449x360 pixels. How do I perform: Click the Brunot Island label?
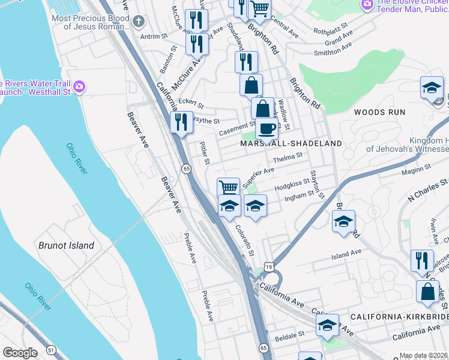[66, 245]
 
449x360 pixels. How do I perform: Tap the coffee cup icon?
[267, 128]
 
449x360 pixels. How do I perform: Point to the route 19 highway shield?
[267, 266]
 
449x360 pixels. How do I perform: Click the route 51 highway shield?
[51, 349]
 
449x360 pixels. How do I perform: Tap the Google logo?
[20, 353]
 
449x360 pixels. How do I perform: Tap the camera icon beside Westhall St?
[79, 88]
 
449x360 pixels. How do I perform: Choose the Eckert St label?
[191, 103]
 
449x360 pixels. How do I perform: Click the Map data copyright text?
[423, 355]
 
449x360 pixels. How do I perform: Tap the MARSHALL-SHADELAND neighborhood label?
[291, 144]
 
